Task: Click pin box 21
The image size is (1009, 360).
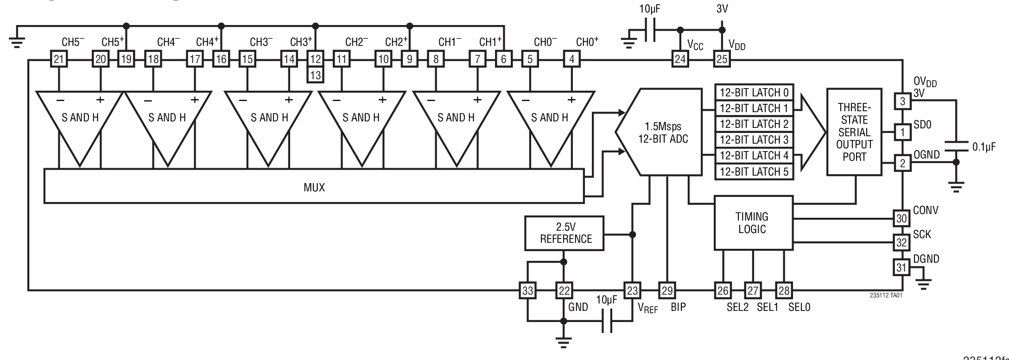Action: point(58,59)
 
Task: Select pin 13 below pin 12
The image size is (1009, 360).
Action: point(315,75)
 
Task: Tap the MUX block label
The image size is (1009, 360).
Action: point(314,187)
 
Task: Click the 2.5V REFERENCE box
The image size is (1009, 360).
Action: point(565,233)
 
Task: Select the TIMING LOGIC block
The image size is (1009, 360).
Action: point(753,223)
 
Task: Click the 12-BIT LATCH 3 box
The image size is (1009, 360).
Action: point(754,139)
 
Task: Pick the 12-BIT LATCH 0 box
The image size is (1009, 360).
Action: point(754,92)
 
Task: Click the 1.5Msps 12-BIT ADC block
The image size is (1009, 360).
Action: point(663,133)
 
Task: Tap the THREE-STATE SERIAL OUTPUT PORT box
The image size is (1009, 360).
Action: point(854,132)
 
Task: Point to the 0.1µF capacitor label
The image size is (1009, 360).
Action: point(984,147)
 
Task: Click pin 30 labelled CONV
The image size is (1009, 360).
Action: point(901,218)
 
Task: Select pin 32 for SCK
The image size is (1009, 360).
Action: point(901,242)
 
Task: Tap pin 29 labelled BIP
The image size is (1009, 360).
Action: point(667,291)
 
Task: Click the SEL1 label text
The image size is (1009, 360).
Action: point(767,307)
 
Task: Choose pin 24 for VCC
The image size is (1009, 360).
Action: point(680,59)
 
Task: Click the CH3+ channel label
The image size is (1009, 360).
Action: point(301,42)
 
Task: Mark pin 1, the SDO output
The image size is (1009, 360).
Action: point(902,133)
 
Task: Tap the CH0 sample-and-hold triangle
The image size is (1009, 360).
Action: point(550,120)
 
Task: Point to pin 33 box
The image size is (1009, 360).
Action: point(527,291)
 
